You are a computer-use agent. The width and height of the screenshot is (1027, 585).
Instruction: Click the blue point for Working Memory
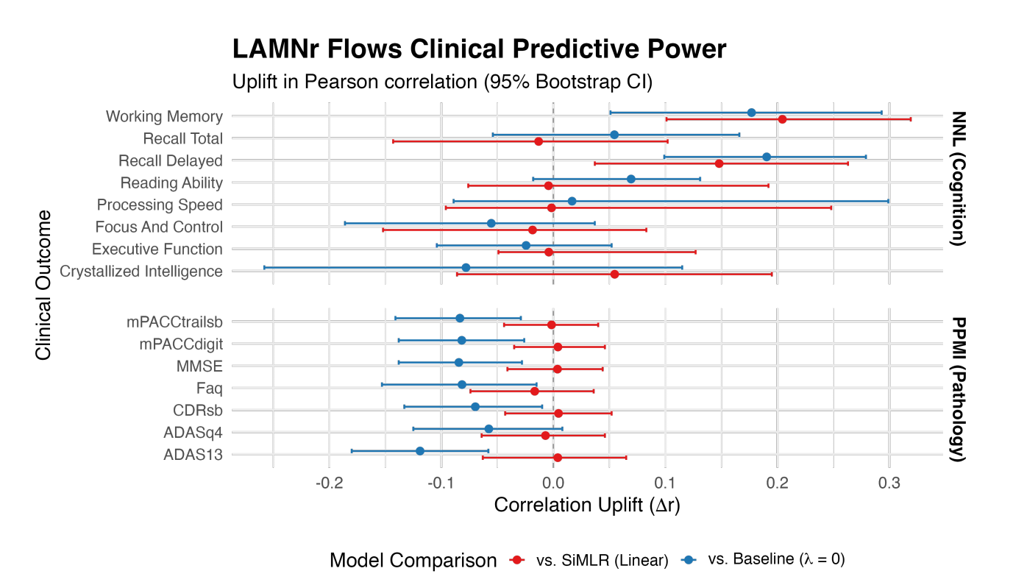[x=751, y=113]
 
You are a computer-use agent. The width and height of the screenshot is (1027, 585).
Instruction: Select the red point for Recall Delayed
[x=719, y=163]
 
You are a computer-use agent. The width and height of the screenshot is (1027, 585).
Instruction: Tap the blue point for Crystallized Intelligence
[x=466, y=267]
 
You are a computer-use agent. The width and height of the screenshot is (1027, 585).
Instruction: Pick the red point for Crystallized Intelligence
[x=614, y=274]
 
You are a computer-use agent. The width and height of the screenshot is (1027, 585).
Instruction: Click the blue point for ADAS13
[x=420, y=451]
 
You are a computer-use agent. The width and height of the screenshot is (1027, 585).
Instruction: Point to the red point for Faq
[x=535, y=391]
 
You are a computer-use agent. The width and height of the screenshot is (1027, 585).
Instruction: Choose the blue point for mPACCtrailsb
[x=460, y=318]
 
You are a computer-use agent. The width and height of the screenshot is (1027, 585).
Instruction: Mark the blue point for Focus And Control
[x=491, y=223]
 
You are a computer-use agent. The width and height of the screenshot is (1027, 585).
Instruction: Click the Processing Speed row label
[x=160, y=205]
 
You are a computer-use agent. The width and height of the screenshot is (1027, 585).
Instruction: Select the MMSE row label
[x=199, y=366]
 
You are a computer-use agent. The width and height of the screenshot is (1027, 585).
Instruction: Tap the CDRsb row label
[x=198, y=411]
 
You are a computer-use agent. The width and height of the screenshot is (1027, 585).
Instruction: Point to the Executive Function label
[x=157, y=249]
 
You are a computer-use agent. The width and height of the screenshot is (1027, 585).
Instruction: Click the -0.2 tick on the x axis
[x=329, y=483]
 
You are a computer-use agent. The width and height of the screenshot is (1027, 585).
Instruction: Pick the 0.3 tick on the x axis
[x=889, y=483]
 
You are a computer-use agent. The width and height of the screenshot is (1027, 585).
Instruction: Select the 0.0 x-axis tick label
[x=553, y=483]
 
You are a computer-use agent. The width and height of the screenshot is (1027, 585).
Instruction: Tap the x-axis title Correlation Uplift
[x=587, y=505]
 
